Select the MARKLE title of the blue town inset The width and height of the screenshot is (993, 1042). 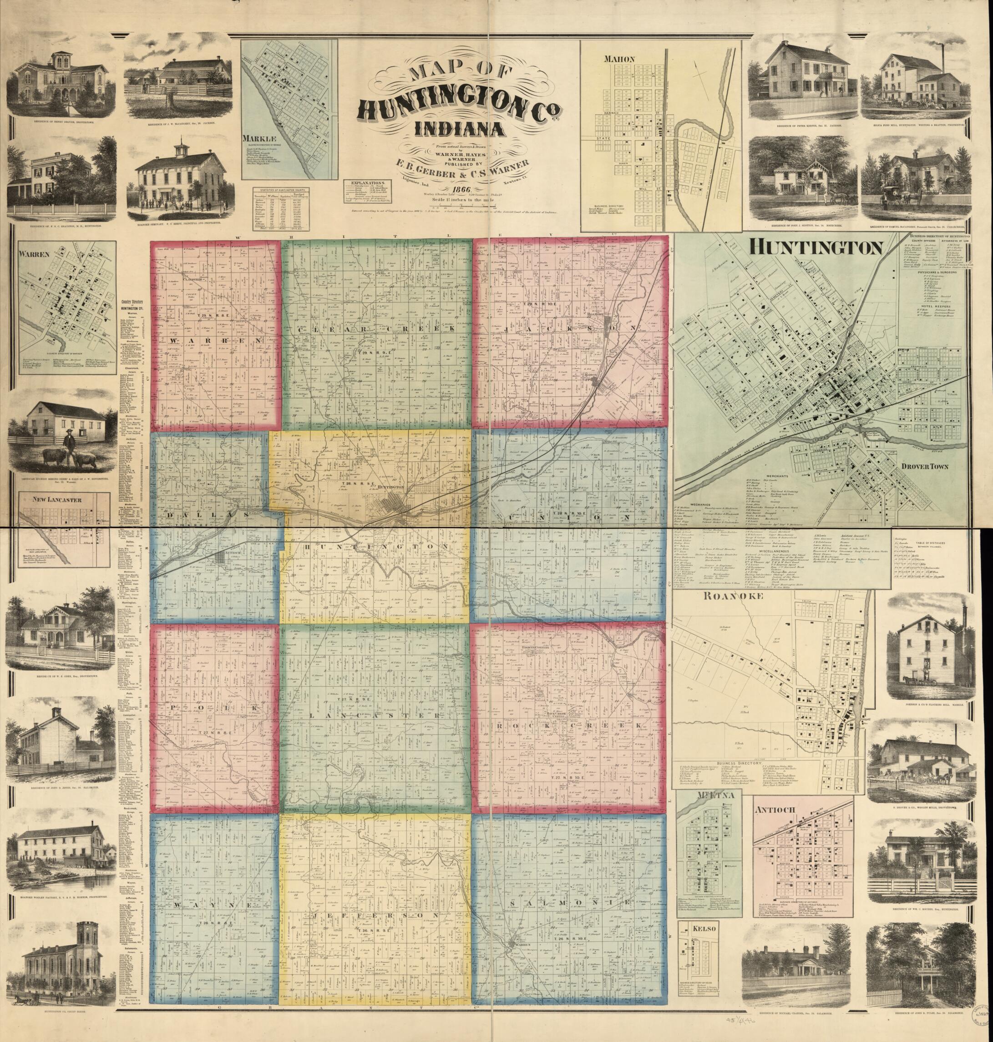pos(257,139)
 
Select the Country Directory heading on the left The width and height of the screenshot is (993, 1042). pos(132,300)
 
